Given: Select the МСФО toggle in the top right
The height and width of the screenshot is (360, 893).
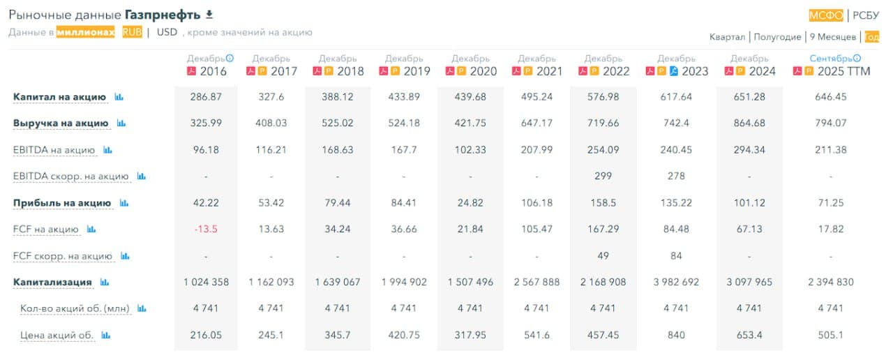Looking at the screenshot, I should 826,15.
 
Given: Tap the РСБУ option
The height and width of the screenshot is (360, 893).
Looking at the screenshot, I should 866,15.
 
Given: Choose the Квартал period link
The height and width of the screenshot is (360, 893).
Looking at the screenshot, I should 727,37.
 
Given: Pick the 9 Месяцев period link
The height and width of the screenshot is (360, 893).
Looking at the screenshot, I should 833,37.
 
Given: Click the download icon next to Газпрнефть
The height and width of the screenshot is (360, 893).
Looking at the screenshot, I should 209,15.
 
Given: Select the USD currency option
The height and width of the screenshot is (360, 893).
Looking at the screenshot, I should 167,32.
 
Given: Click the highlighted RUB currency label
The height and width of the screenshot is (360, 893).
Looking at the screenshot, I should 131,32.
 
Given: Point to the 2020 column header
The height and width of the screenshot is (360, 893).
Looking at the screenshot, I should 477,71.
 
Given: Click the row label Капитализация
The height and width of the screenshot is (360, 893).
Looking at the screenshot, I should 53,283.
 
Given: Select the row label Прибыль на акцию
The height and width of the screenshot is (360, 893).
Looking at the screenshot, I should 62,203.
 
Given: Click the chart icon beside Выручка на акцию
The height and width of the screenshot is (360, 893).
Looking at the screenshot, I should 121,123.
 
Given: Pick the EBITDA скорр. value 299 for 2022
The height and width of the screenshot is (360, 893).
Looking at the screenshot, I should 603,177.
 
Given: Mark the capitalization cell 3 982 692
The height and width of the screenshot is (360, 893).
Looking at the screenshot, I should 676,283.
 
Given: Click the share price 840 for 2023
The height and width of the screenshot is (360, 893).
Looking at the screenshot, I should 676,336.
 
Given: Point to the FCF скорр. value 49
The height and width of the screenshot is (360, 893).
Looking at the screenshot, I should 603,256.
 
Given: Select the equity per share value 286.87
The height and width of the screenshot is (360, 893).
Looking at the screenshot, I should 205,97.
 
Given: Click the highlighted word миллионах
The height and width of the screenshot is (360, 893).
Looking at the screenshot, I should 86,32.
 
